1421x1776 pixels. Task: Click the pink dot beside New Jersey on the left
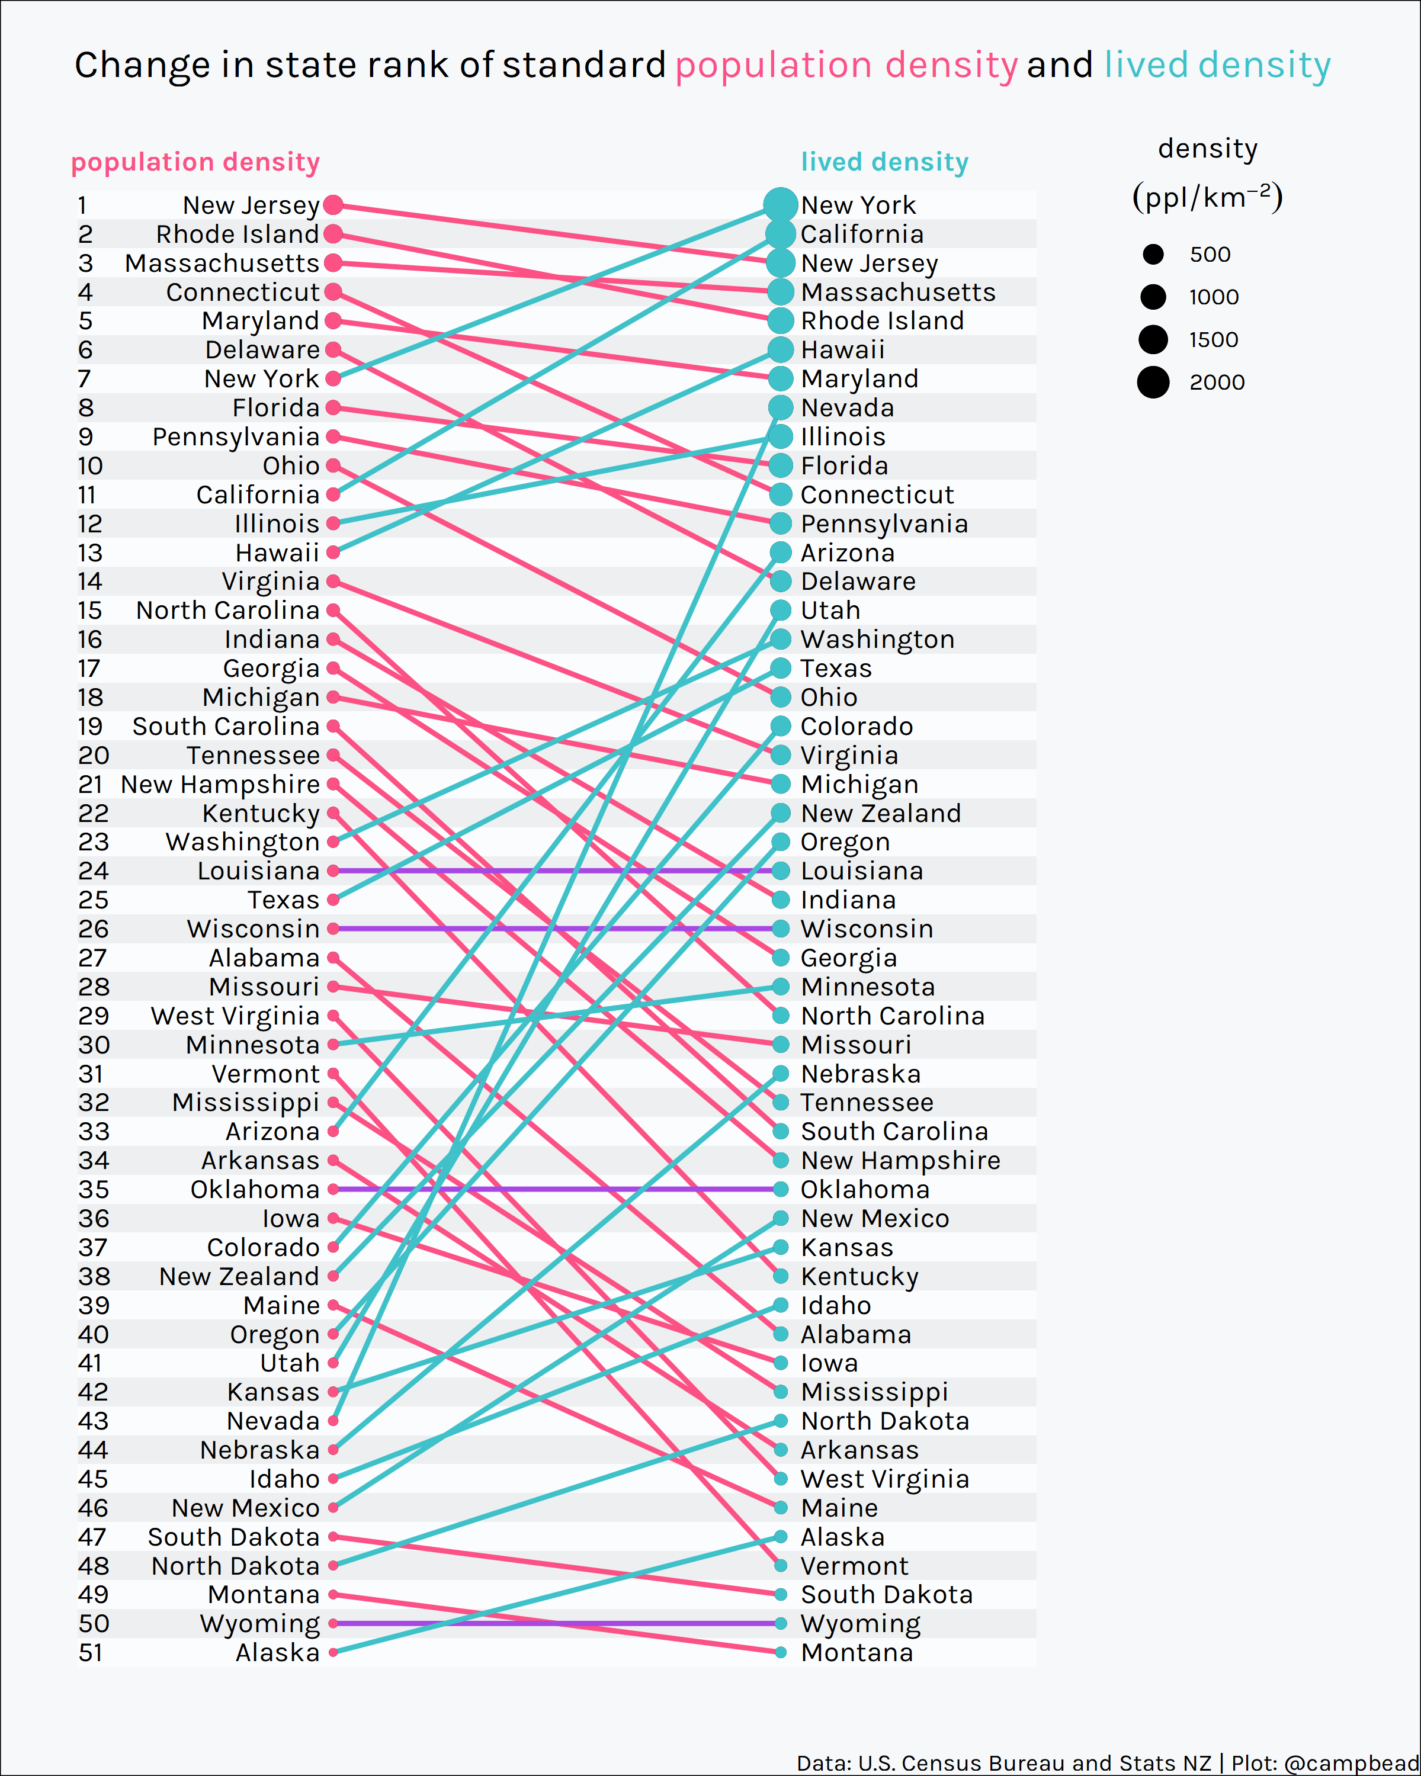pos(333,205)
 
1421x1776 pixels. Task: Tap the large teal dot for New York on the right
pos(780,205)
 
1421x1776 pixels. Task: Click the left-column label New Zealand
pos(239,1276)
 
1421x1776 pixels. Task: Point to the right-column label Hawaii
pos(843,350)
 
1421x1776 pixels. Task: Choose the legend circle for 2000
pos(1153,382)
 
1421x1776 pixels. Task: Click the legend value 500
pos(1210,255)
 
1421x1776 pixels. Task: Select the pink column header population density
pos(195,162)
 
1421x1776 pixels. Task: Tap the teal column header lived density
pos(885,162)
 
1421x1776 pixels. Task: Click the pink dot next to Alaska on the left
pos(333,1652)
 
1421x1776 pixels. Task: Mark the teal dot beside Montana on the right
pos(780,1652)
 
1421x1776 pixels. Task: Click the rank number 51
pos(91,1652)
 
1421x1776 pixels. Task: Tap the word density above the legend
pos(1208,149)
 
